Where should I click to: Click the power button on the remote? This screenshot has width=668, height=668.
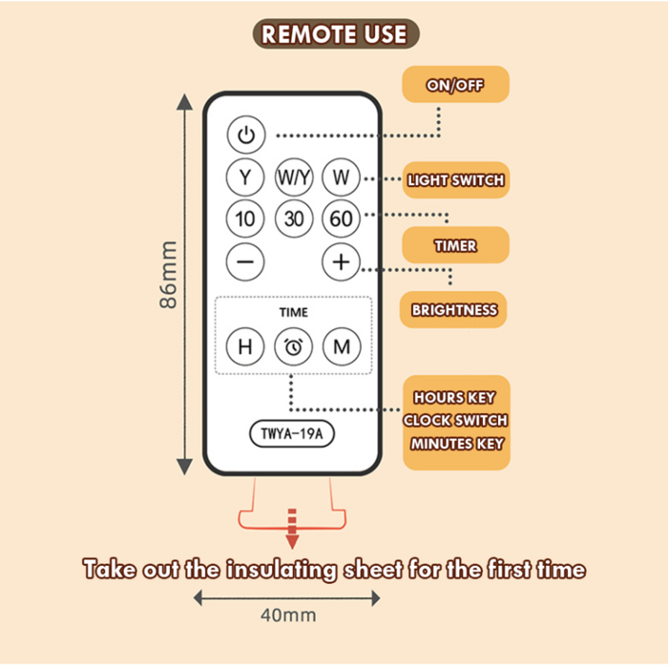[x=245, y=135]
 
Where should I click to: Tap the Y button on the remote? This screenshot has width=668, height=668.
[x=245, y=177]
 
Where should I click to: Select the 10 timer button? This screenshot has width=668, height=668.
[x=245, y=219]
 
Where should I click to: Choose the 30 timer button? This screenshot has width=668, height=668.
[x=294, y=219]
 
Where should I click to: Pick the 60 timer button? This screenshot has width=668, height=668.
[x=341, y=219]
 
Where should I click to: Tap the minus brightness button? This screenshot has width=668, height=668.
[x=245, y=261]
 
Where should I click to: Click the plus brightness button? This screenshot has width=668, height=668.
[x=341, y=261]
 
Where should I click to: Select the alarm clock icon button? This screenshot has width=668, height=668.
[x=294, y=346]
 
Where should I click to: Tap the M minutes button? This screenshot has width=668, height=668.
[x=341, y=346]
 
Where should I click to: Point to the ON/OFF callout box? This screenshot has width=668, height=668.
[x=455, y=85]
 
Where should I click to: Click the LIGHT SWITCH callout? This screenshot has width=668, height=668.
[x=455, y=179]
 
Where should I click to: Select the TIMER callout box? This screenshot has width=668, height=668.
[x=455, y=246]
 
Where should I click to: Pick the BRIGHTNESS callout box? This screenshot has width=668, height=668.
[x=454, y=309]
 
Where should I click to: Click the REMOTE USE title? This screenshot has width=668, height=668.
[x=334, y=35]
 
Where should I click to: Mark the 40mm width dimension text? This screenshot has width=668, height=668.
[x=287, y=616]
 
